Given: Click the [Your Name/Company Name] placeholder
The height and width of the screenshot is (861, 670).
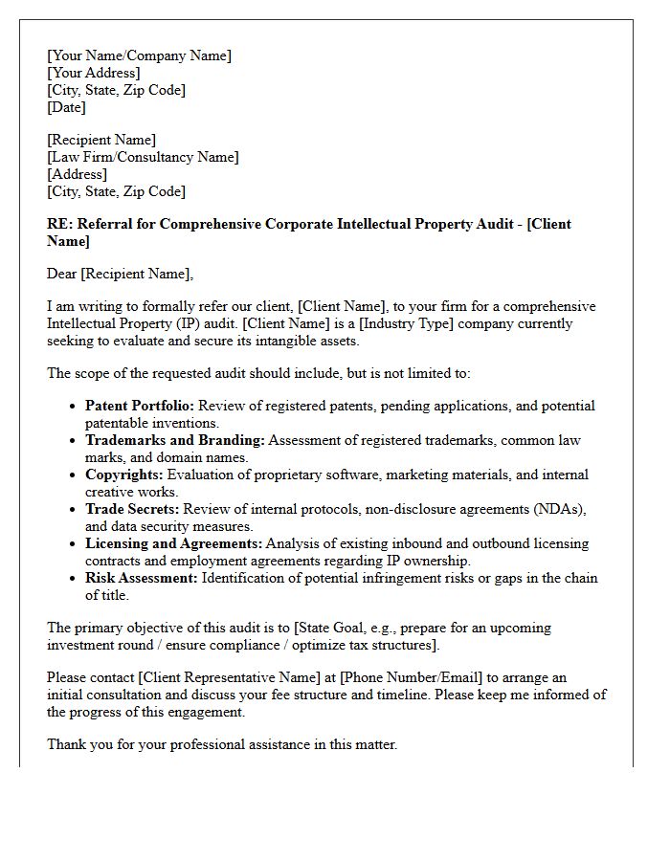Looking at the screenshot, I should pos(139,55).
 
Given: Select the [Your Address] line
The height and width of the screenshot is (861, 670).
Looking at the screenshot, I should pos(93,73).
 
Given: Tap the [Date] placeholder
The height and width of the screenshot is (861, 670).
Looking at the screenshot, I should pos(66,107).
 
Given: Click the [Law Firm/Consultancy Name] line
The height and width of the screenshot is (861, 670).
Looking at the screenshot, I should pos(143,157).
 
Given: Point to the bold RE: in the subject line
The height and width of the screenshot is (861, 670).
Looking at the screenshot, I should pos(59,224).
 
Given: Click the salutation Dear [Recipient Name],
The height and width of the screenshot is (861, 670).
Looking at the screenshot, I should pos(120,274).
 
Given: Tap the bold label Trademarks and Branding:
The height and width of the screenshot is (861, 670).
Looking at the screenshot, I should pos(175,440).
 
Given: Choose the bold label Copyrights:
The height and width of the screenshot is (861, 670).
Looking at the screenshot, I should pos(124,475).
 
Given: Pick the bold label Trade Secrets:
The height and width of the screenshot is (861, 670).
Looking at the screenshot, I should pos(132,509).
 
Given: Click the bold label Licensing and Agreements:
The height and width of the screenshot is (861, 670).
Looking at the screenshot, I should pos(174,543).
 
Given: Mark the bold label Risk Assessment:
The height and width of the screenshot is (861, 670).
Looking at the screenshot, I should pos(140,578).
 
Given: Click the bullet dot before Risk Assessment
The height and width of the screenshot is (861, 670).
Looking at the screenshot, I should pos(74,579).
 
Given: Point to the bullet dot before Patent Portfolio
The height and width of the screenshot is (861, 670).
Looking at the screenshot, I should pos(74,407).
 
